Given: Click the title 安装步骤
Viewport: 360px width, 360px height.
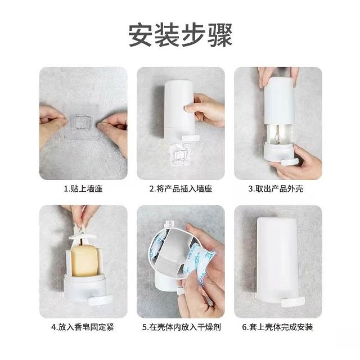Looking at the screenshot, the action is click(x=180, y=35).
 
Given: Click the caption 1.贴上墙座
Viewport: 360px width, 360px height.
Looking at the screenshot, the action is click(x=83, y=189).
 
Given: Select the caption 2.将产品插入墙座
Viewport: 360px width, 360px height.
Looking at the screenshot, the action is click(x=181, y=189).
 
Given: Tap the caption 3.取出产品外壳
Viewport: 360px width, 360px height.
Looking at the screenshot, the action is click(x=276, y=189).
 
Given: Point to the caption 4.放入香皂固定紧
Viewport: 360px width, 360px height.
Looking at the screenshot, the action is click(x=83, y=327).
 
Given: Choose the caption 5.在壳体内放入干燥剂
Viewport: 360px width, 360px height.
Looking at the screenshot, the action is click(x=181, y=327).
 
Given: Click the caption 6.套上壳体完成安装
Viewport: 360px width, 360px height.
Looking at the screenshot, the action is click(x=277, y=327).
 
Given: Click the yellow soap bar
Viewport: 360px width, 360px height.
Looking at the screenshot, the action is click(x=84, y=260).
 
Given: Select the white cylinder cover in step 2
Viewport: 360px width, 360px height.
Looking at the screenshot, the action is click(x=179, y=108).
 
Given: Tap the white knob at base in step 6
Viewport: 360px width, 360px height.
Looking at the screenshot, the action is click(x=293, y=301).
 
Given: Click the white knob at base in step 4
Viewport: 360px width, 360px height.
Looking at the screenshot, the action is click(x=100, y=300).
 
